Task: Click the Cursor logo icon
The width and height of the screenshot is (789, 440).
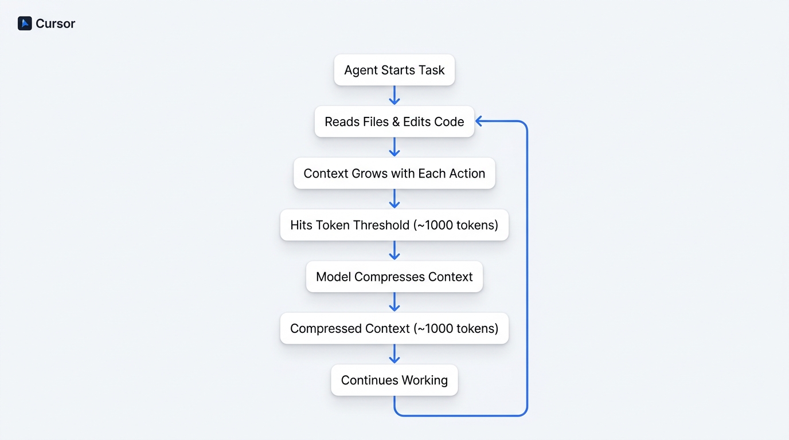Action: pos(25,23)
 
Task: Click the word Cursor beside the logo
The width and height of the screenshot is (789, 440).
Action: pos(55,23)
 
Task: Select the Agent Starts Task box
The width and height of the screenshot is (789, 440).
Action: pos(394,70)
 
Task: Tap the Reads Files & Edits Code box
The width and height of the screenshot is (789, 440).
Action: pos(394,121)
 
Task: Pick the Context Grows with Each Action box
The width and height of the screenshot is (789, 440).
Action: pos(394,173)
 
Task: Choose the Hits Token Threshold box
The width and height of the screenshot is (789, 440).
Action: pos(394,225)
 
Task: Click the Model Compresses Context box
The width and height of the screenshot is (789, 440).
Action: pos(394,277)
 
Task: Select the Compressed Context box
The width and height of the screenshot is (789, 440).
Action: pos(394,328)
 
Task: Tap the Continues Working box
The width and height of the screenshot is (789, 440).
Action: pos(394,380)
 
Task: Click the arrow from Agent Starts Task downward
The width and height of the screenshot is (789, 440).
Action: pos(394,96)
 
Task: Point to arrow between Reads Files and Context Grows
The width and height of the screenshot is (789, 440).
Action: pos(394,147)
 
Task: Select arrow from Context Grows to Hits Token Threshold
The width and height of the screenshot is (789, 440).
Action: pos(394,199)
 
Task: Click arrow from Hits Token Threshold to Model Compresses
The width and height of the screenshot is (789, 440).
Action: pos(394,251)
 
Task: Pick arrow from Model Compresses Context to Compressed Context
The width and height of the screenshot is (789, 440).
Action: pos(394,302)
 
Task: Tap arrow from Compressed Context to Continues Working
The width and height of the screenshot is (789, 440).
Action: pos(394,354)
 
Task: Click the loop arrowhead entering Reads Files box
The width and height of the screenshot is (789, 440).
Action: pos(479,121)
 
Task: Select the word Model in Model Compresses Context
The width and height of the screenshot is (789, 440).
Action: pos(333,277)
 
